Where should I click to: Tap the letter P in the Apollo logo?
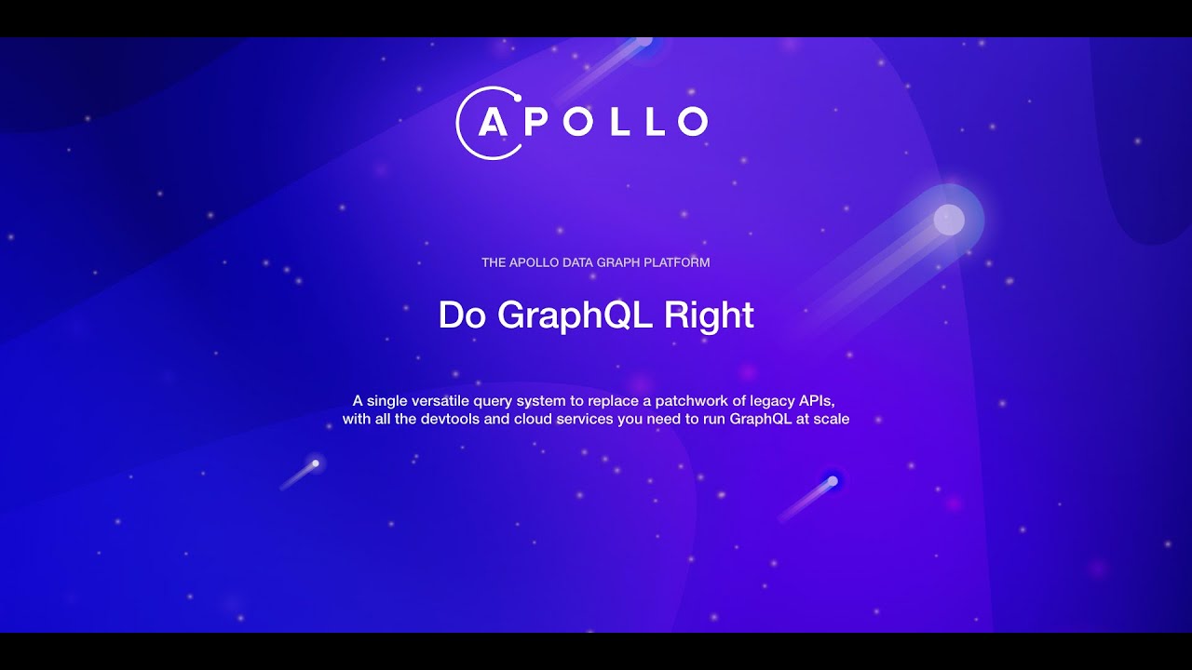click(x=538, y=122)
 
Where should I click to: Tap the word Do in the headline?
click(x=463, y=315)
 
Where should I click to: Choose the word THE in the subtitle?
click(x=494, y=262)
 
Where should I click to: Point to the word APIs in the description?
click(x=815, y=400)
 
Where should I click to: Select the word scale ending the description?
click(x=831, y=419)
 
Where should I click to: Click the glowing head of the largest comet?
click(x=948, y=220)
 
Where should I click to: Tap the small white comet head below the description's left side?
click(x=316, y=462)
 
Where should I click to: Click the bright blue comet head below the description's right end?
click(x=833, y=480)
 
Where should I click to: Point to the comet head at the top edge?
click(x=643, y=41)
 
